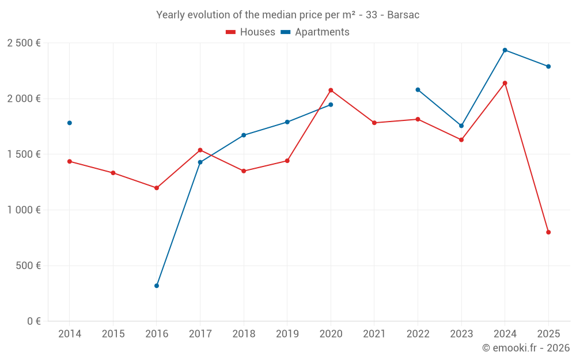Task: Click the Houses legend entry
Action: pyautogui.click(x=251, y=32)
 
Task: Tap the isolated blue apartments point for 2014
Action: pyautogui.click(x=70, y=123)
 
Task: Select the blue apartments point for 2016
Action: pyautogui.click(x=157, y=286)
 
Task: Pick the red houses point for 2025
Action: pyautogui.click(x=548, y=232)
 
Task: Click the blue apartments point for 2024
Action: pyautogui.click(x=505, y=50)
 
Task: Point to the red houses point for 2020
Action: pyautogui.click(x=331, y=90)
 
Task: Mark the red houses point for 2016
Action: pyautogui.click(x=157, y=188)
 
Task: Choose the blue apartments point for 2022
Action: pyautogui.click(x=418, y=90)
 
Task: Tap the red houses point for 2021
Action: pyautogui.click(x=374, y=123)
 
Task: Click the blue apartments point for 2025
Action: pyautogui.click(x=548, y=66)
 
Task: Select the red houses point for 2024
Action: pyautogui.click(x=505, y=83)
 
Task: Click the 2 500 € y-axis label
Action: pyautogui.click(x=24, y=43)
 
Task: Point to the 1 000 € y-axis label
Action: pyautogui.click(x=24, y=210)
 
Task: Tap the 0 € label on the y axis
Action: pyautogui.click(x=33, y=321)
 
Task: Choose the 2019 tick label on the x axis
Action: pyautogui.click(x=287, y=334)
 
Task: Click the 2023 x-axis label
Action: pyautogui.click(x=461, y=334)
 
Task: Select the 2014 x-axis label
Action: pyautogui.click(x=70, y=334)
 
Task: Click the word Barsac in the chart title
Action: pyautogui.click(x=403, y=15)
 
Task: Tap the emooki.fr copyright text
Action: pyautogui.click(x=525, y=348)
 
